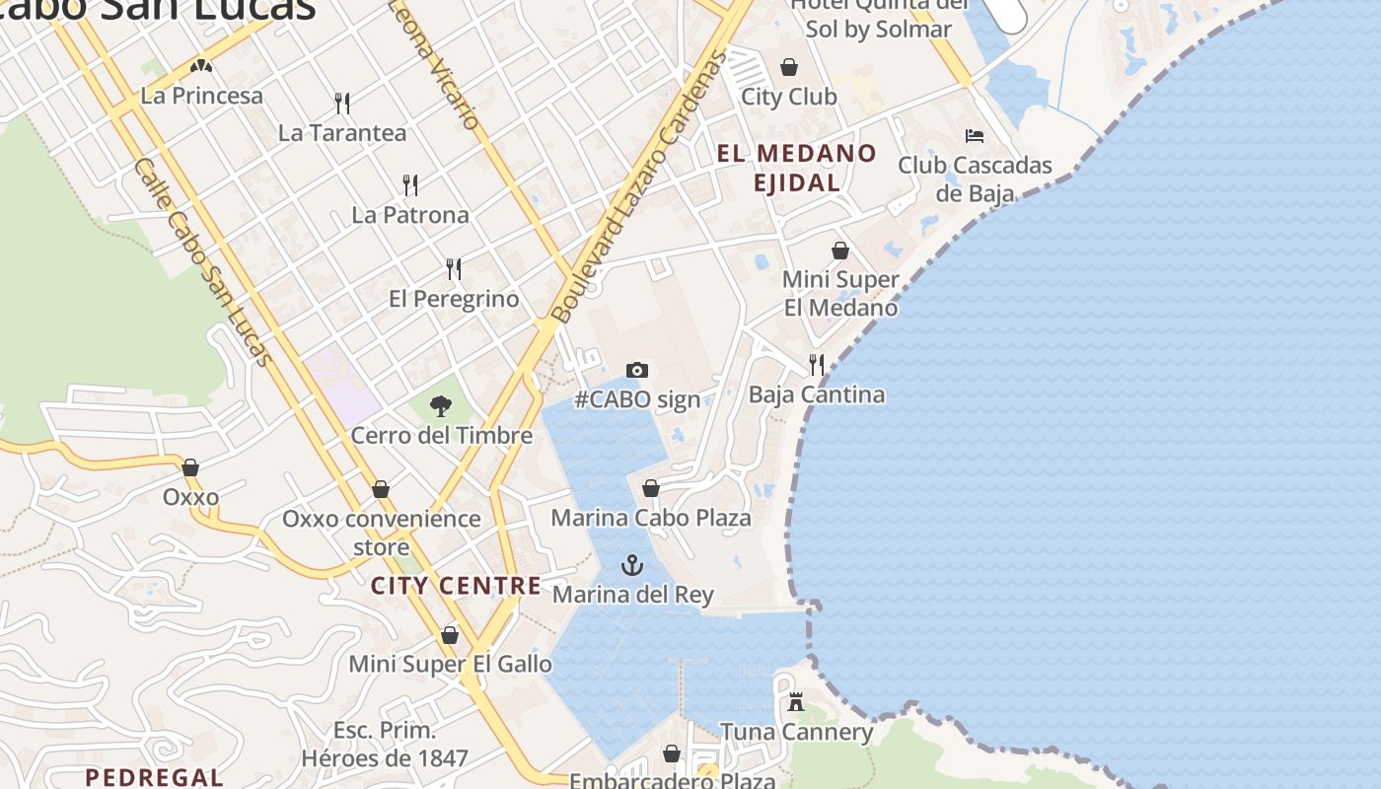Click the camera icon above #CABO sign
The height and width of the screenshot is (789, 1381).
637,371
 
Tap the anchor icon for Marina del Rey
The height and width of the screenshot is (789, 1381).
631,565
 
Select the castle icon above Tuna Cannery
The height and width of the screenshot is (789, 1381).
796,702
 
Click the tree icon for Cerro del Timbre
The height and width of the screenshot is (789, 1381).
441,405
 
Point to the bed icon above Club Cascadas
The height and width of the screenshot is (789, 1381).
975,136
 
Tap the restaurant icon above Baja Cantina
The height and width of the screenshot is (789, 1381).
817,365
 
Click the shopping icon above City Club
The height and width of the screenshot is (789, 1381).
789,67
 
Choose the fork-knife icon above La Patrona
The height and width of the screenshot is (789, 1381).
410,184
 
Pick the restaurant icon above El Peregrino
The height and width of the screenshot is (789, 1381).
454,268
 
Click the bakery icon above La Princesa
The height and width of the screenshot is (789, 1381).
201,67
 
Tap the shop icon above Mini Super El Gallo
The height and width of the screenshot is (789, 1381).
450,635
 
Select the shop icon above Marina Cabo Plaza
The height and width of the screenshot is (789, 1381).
651,488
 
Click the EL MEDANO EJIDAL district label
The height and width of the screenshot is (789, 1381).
796,168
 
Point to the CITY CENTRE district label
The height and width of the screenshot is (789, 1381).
456,586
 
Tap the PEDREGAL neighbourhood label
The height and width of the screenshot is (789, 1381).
154,777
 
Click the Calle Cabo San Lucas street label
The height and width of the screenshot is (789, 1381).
202,261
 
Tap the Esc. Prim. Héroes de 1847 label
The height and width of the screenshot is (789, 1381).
385,745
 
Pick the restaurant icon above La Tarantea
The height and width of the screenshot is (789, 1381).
342,103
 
